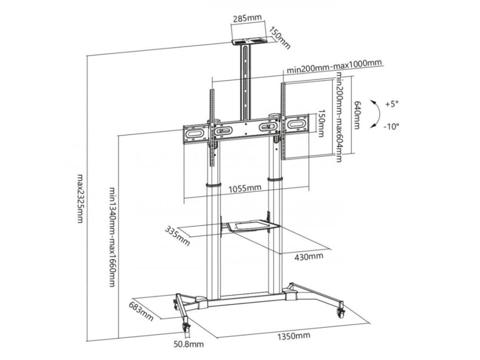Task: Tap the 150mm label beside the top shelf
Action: (x=280, y=37)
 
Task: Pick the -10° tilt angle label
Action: (x=390, y=126)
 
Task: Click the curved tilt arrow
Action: (x=375, y=113)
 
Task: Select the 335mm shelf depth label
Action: (x=177, y=236)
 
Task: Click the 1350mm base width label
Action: (x=294, y=336)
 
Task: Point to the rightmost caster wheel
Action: (x=341, y=311)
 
